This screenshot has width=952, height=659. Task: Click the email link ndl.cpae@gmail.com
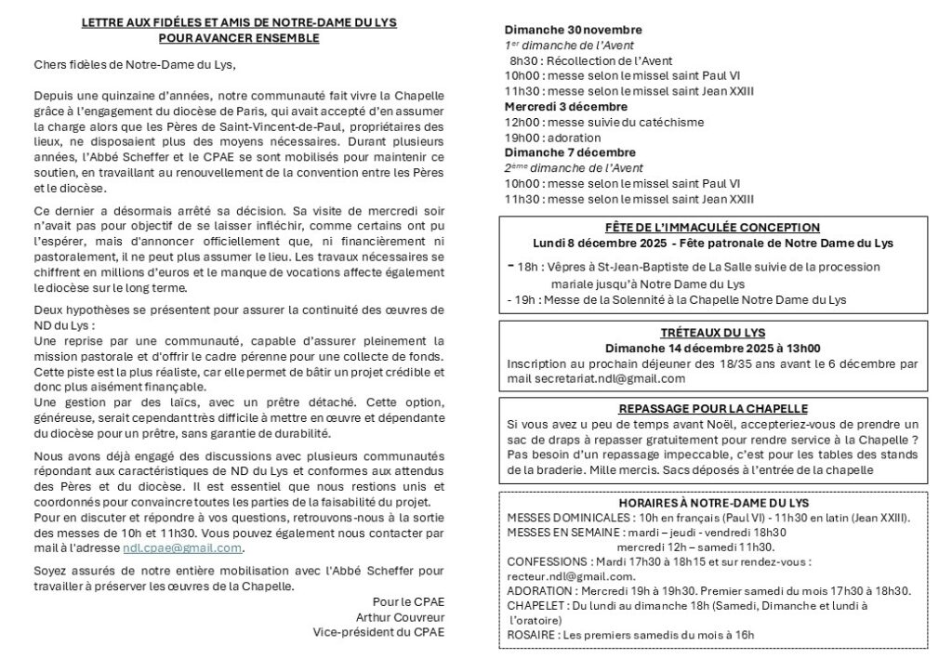coord(176,547)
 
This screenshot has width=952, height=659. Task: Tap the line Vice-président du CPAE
coord(378,631)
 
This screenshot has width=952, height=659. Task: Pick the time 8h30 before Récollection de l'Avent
coord(523,61)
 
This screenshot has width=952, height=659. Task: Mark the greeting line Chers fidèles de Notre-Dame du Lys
coord(129,64)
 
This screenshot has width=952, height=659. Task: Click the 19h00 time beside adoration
coord(521,138)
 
